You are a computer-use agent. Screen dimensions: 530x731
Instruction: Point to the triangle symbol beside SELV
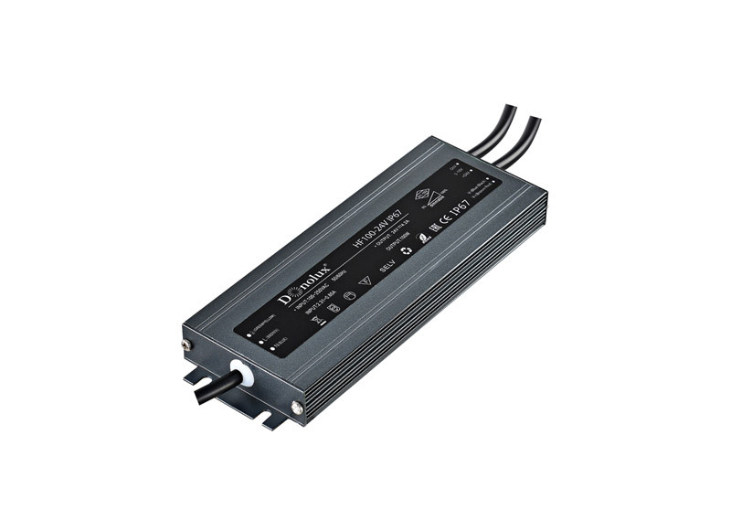[x=367, y=280]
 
